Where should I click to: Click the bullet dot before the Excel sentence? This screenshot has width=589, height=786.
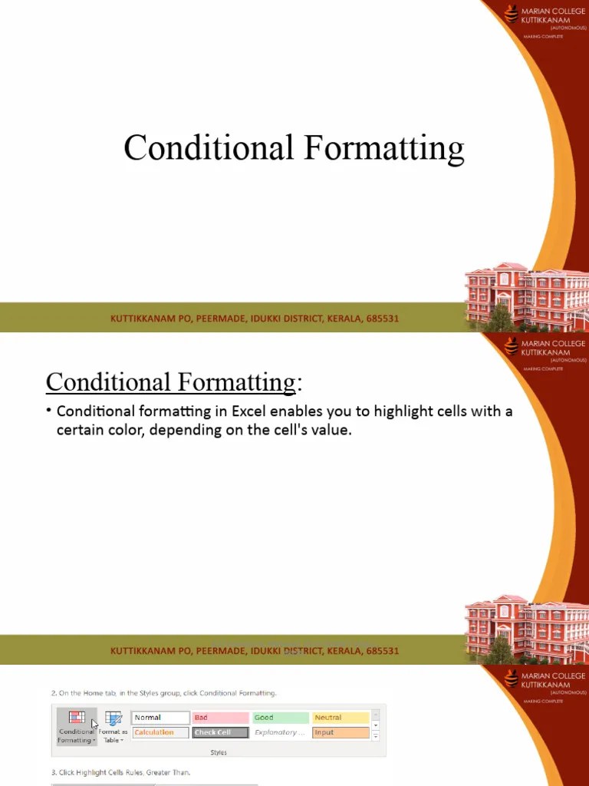point(48,411)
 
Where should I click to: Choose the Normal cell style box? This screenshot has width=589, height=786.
point(160,718)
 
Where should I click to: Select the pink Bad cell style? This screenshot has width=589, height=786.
point(220,718)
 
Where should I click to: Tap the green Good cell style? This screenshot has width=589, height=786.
point(280,718)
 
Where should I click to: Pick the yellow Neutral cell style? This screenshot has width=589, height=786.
point(341,718)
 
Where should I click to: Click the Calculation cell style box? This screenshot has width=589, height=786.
point(160,732)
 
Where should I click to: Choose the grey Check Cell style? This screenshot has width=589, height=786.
point(220,732)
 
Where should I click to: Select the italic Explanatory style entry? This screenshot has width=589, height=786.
point(280,732)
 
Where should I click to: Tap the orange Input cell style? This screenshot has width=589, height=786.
point(341,732)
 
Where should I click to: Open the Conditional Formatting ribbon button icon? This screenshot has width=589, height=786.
point(77,718)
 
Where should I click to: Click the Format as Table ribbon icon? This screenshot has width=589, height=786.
point(114,719)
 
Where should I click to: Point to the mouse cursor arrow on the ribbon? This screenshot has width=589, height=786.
point(94,723)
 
